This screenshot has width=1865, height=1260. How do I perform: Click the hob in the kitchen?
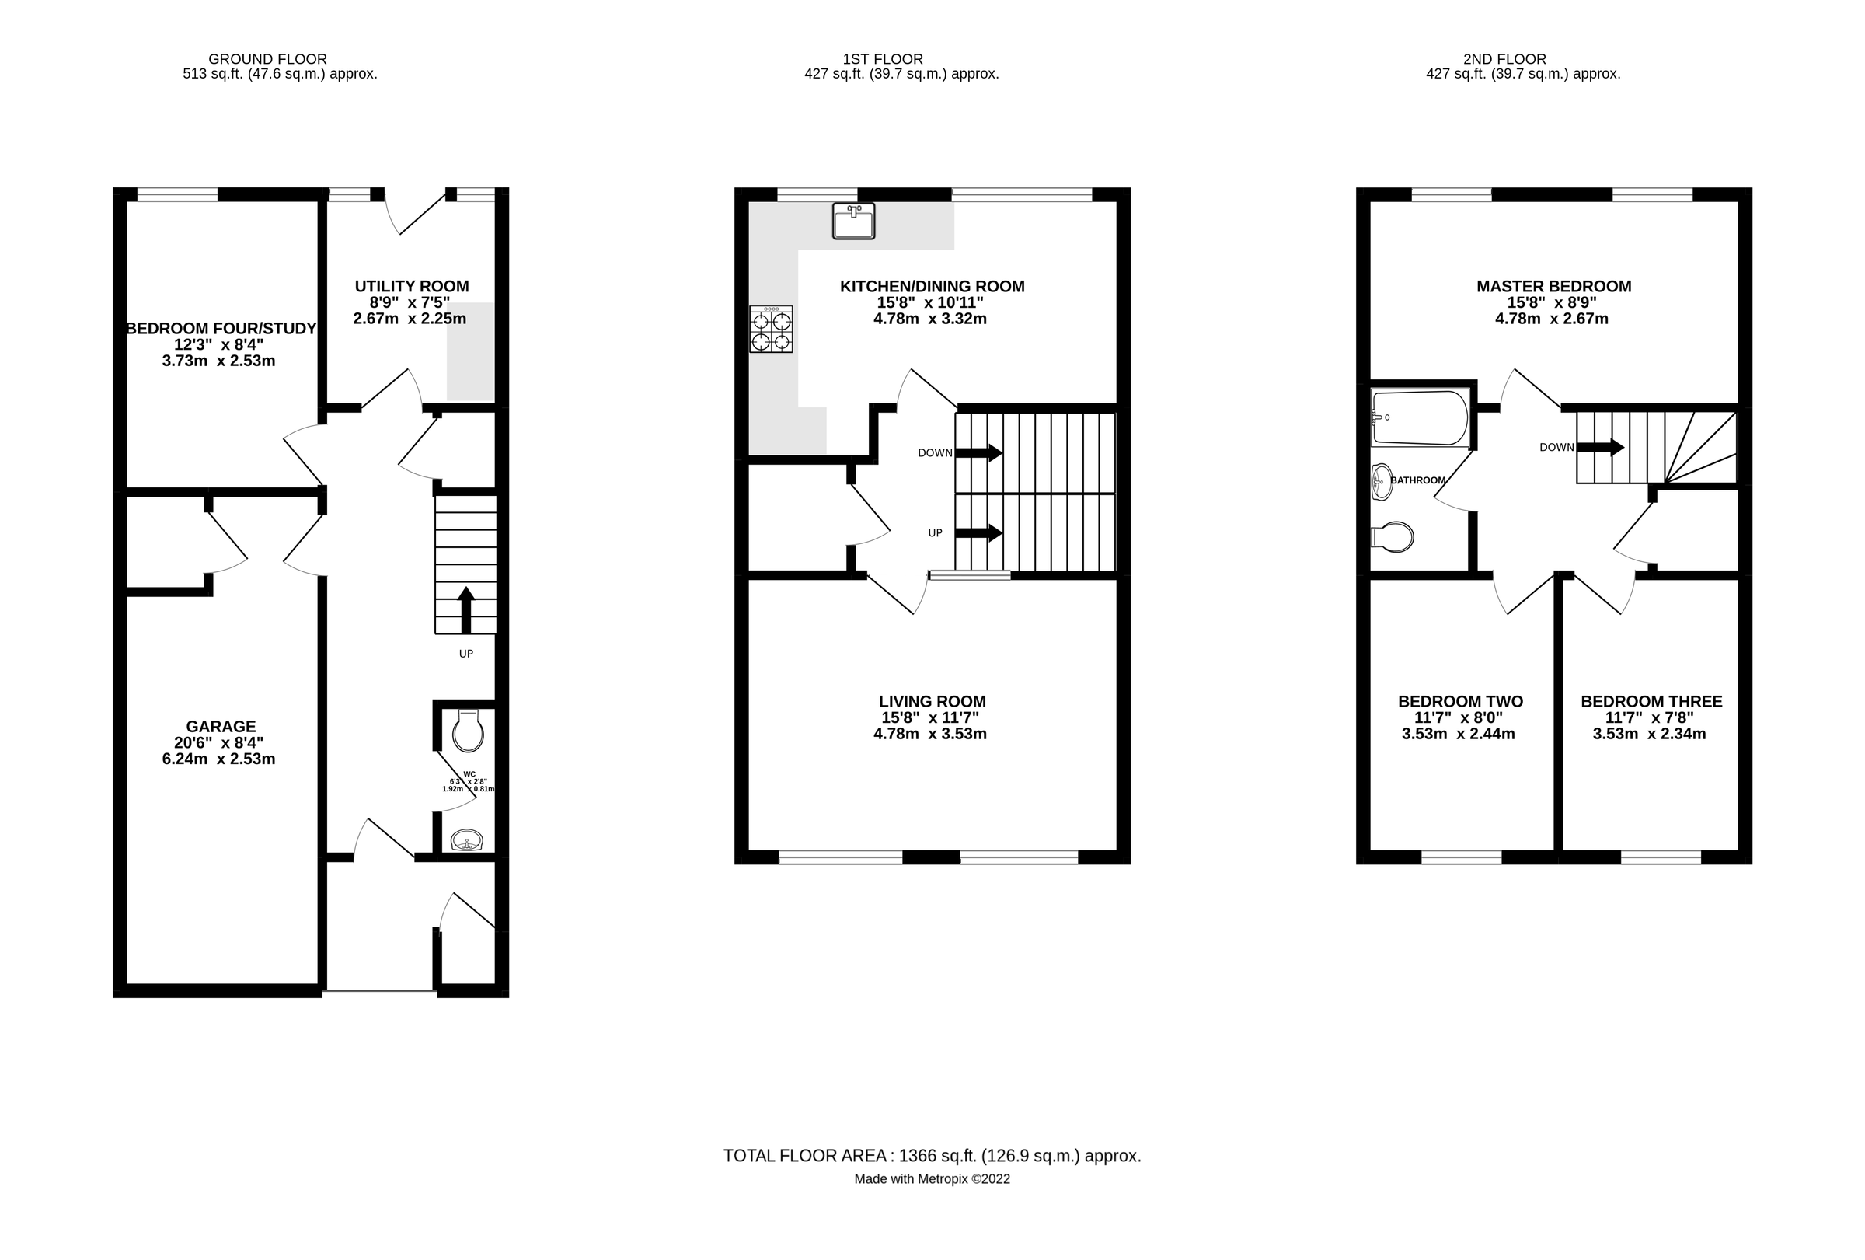(770, 329)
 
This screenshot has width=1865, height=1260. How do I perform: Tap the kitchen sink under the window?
(853, 222)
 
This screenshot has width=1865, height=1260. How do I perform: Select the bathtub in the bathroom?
(1419, 417)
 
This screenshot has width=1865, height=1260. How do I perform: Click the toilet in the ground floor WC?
(468, 731)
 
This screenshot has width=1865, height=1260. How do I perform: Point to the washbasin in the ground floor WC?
(466, 840)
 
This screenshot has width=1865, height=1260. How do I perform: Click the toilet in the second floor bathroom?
(1393, 537)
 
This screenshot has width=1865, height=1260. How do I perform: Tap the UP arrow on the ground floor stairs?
(465, 610)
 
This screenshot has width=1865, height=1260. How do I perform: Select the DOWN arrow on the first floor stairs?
(978, 452)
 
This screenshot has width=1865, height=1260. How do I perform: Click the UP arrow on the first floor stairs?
(978, 532)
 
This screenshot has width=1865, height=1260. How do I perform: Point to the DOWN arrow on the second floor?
(1600, 447)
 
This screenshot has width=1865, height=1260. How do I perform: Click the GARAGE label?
(221, 726)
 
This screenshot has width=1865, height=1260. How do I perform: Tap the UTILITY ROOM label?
(412, 287)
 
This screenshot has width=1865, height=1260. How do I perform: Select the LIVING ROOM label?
(932, 701)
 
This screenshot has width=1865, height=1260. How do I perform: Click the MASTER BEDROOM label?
(1553, 287)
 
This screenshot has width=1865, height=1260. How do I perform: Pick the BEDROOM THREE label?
(1651, 701)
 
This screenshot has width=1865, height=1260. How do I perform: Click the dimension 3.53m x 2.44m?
(1458, 734)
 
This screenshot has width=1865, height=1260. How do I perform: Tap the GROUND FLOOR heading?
(267, 58)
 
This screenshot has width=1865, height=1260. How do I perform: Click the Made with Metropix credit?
(932, 1179)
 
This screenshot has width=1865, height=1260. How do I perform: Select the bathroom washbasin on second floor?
(1381, 481)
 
